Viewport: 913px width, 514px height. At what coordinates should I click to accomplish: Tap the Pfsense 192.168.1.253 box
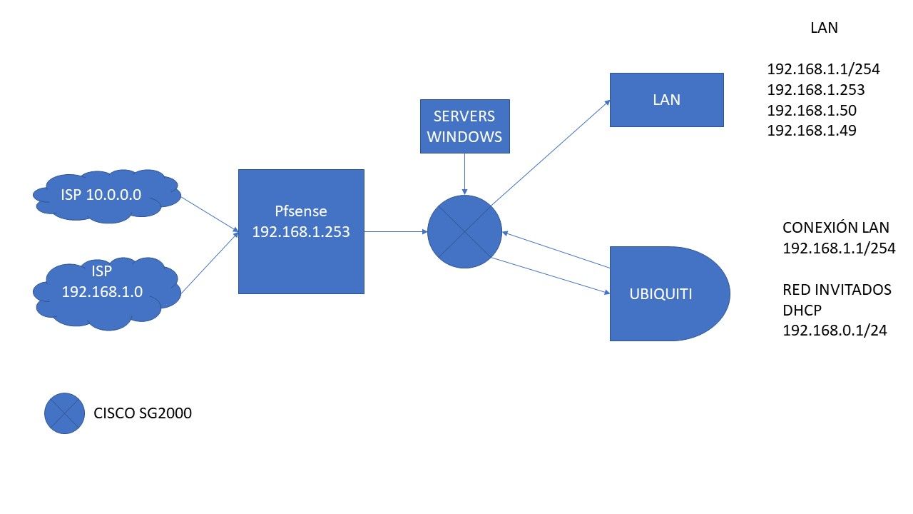(301, 231)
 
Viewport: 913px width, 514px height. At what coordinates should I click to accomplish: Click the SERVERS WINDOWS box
(465, 126)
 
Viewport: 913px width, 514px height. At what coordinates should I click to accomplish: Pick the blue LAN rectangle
(666, 100)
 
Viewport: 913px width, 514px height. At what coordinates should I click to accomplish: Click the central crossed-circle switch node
(464, 231)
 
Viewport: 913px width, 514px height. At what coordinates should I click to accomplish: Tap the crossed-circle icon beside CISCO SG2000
(65, 413)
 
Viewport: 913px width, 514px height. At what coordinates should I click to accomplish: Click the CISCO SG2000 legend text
(143, 413)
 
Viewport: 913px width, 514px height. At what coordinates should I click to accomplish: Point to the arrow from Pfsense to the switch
(395, 231)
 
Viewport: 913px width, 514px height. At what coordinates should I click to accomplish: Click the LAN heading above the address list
(824, 29)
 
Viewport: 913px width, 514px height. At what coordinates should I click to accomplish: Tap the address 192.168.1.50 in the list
(812, 111)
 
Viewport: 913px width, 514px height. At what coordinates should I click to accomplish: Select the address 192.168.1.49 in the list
(812, 131)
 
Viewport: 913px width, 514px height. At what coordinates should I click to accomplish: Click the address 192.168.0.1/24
(835, 331)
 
